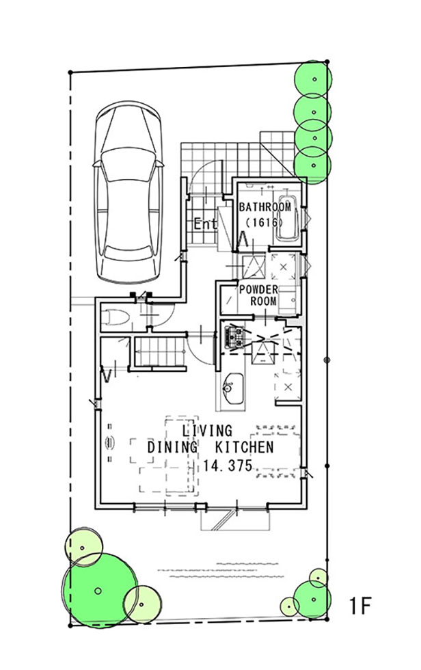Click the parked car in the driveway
click(128, 192)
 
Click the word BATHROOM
click(264, 207)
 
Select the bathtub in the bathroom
click(287, 218)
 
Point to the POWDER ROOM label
click(259, 295)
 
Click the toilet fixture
click(115, 317)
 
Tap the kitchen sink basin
click(232, 388)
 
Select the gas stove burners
click(234, 336)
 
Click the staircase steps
click(160, 351)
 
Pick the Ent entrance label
click(206, 224)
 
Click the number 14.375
click(228, 466)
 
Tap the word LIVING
click(207, 430)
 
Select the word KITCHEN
click(244, 447)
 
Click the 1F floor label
click(360, 606)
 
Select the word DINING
click(172, 447)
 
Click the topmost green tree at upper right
click(314, 79)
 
